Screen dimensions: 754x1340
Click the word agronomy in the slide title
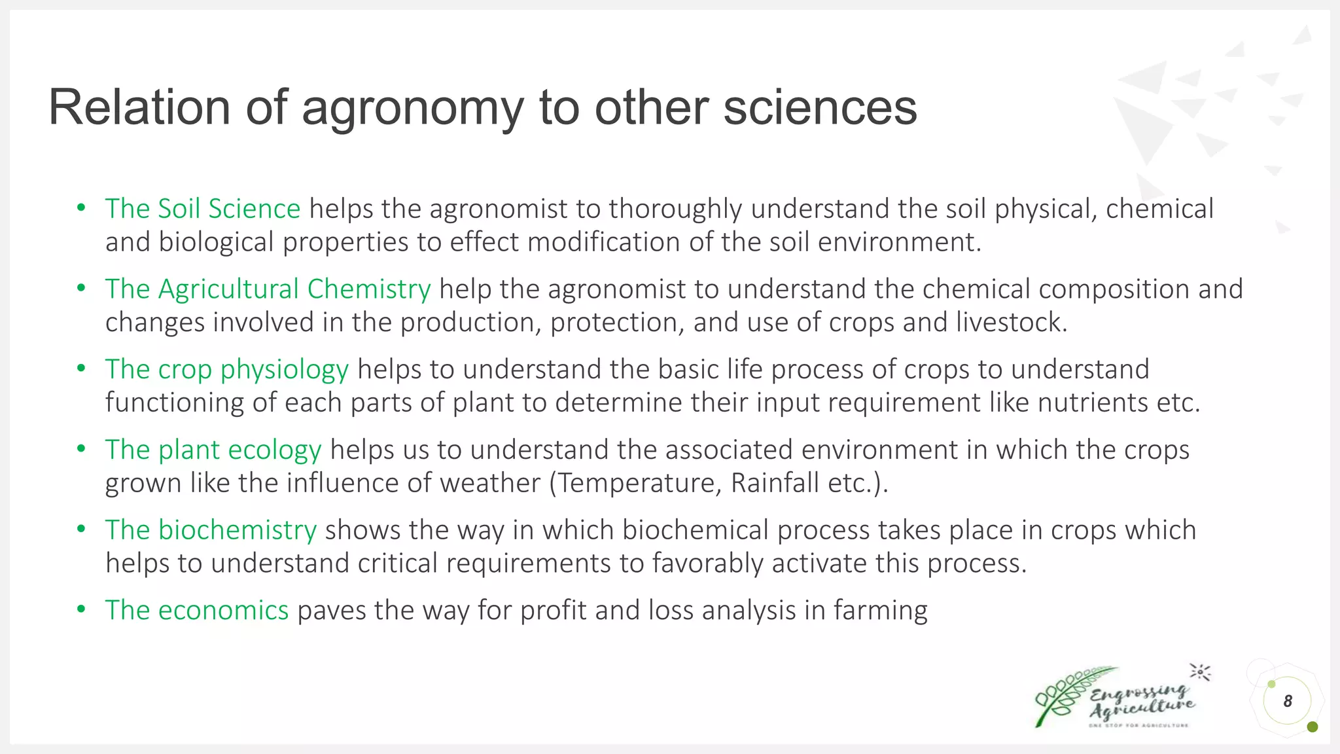[412, 108]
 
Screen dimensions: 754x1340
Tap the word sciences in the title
[820, 108]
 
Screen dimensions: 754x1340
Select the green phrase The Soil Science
[203, 209]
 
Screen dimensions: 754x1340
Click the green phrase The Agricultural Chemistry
[268, 289]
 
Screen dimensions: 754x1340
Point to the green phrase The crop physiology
[227, 370]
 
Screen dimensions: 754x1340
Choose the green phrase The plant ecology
[213, 450]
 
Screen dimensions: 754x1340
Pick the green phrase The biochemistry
[211, 530]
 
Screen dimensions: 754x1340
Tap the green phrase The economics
[197, 611]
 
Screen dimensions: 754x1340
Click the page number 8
[1288, 701]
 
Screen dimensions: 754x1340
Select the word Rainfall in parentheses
[775, 484]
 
